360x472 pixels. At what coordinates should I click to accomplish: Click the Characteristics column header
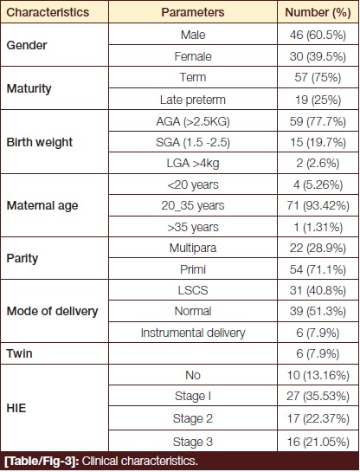pos(48,12)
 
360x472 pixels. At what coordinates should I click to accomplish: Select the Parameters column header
pos(193,12)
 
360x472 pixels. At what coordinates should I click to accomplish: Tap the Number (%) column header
pos(318,12)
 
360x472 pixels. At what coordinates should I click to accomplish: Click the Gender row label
pos(27,45)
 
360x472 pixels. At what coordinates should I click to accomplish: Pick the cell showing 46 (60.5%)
pos(318,35)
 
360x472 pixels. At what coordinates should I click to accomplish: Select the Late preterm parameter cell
pos(193,100)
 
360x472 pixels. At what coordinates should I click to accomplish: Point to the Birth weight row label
pos(40,142)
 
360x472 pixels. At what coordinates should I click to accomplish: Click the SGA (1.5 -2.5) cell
pos(193,142)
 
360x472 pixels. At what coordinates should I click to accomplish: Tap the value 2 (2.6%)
pos(318,163)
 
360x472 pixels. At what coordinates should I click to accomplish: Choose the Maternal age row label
pos(42,205)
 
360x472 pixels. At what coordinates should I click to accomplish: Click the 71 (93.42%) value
pos(318,205)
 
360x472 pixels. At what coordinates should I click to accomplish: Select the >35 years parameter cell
pos(193,227)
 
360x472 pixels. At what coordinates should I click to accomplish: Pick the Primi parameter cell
pos(193,269)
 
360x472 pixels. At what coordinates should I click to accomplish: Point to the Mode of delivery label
pos(52,311)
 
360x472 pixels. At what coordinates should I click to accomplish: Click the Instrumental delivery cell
pos(193,333)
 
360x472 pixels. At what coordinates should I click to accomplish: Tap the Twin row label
pos(19,353)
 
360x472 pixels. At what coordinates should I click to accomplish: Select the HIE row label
pos(16,408)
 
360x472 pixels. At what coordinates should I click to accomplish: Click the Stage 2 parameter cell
pos(193,418)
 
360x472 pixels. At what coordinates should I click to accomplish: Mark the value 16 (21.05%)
pos(318,442)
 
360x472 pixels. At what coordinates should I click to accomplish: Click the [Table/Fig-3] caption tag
pos(42,461)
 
